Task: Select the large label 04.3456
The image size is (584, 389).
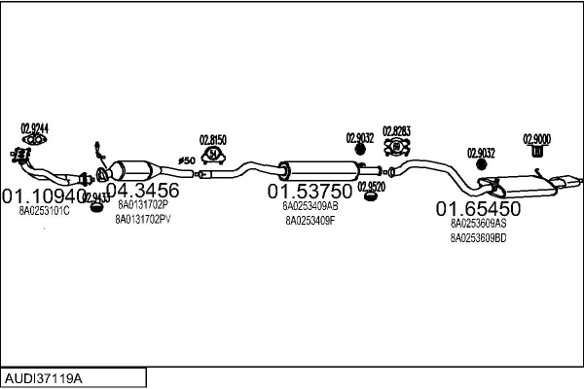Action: point(142,191)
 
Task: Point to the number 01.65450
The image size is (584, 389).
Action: point(478,208)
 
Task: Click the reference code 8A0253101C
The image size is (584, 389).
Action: point(45,211)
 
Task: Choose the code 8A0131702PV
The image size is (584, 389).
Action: point(143,219)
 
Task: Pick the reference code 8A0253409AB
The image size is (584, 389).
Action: point(310,206)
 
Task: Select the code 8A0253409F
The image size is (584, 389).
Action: point(310,220)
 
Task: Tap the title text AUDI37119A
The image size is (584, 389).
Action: point(44,374)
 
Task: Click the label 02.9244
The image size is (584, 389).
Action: point(35,127)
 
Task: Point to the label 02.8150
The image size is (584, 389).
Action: point(213,139)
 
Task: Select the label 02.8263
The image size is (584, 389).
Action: point(396,130)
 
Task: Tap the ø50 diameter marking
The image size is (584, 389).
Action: point(186,159)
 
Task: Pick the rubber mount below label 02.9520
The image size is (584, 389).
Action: point(370,197)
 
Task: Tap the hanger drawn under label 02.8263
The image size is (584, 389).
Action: point(396,148)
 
